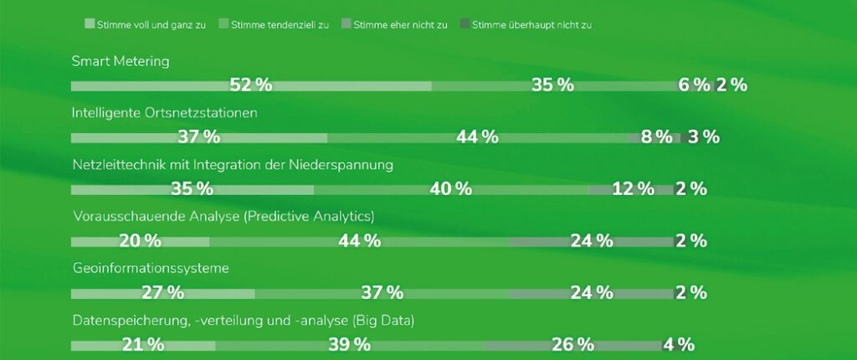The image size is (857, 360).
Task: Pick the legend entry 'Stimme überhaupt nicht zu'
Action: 531,25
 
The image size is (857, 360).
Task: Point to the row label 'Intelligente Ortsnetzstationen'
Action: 164,112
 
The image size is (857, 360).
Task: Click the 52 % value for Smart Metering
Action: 251,85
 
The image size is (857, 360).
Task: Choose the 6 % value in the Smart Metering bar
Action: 694,85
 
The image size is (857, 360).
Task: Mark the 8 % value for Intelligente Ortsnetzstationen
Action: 656,137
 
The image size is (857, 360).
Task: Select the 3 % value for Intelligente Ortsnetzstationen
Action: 703,137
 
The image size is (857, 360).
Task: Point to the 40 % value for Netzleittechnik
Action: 451,189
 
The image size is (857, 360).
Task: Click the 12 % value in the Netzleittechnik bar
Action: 633,189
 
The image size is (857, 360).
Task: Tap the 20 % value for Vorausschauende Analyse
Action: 140,241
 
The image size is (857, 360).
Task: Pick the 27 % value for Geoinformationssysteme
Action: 163,293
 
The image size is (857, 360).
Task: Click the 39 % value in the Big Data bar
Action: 349,345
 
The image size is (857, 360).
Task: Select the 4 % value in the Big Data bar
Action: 678,345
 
